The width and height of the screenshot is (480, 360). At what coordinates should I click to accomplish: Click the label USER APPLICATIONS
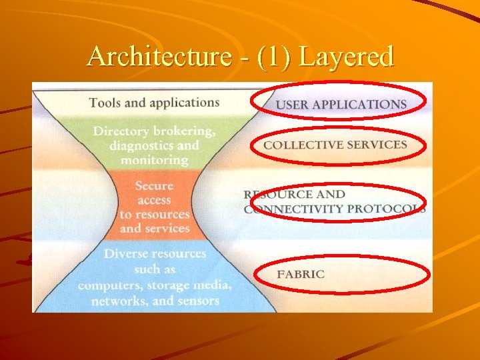[341, 105]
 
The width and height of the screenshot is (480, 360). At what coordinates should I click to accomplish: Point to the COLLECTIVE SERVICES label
[335, 145]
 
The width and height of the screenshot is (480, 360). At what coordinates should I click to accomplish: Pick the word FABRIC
[301, 274]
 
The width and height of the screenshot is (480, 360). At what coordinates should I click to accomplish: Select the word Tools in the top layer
[105, 103]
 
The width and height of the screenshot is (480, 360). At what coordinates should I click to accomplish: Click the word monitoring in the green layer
[155, 160]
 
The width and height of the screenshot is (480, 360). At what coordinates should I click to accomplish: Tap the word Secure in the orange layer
[154, 185]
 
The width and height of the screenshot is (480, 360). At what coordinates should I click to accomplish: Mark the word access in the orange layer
[154, 200]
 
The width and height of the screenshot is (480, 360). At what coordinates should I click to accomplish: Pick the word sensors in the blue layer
[197, 300]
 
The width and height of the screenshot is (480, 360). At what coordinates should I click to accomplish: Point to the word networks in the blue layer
[118, 300]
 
